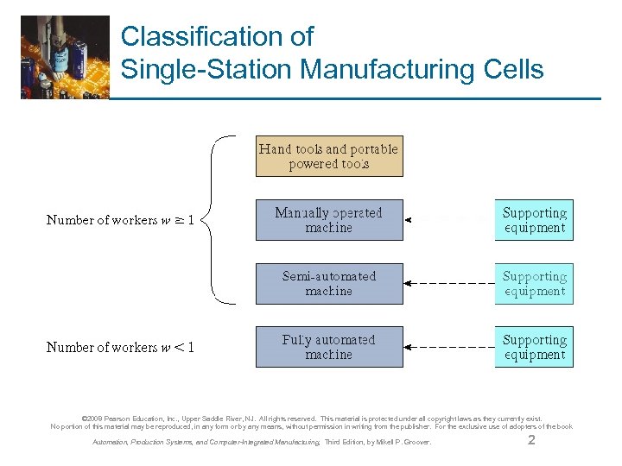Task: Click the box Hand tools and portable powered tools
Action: [328, 156]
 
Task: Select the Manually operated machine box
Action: [328, 220]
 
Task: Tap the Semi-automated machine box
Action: [328, 284]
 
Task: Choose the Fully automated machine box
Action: [328, 347]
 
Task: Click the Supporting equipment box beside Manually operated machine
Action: [534, 220]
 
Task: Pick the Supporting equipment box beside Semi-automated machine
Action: [534, 284]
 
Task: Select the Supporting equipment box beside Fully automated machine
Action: [534, 347]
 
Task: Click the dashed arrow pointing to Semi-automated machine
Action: [449, 284]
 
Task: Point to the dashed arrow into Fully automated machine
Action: [449, 347]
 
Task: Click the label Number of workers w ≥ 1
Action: [120, 220]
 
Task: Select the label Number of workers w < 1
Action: [120, 347]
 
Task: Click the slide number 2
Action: [531, 441]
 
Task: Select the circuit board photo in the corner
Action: [65, 57]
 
